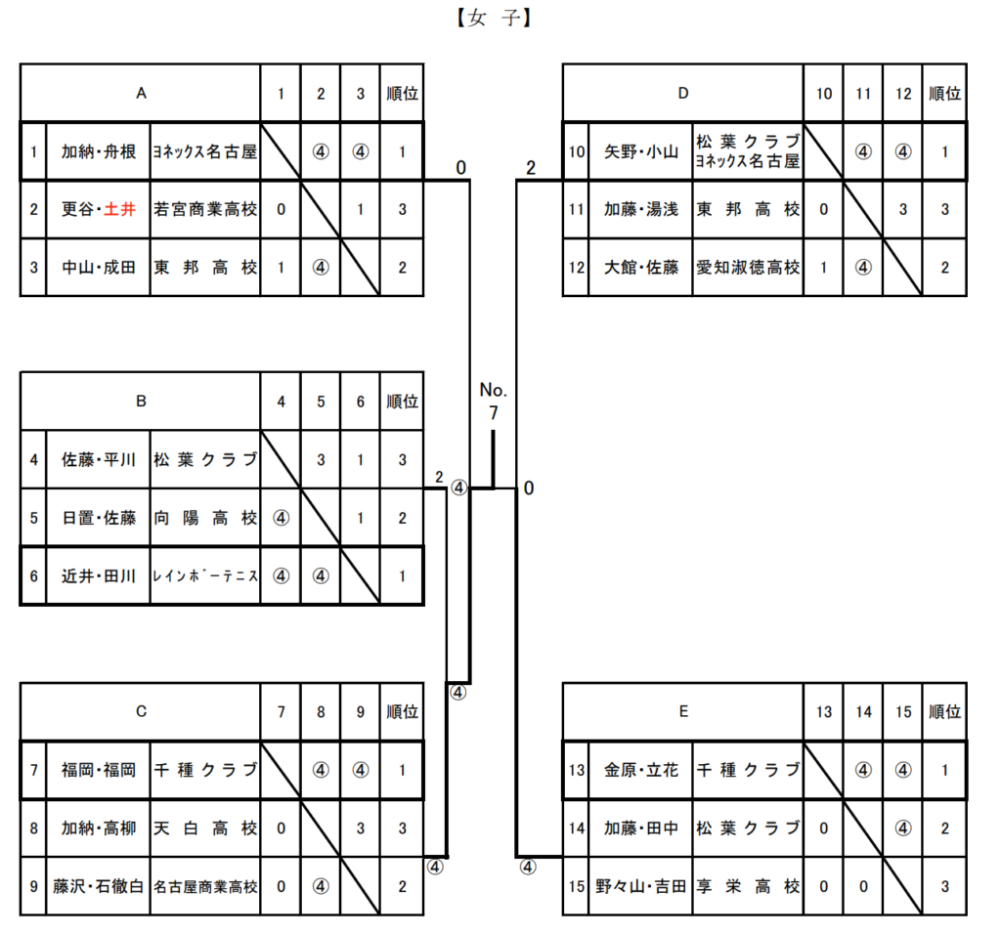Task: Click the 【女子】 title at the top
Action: pos(492,18)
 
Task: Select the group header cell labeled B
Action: pos(141,401)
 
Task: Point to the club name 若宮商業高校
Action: pos(205,209)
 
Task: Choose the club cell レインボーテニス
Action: pos(205,575)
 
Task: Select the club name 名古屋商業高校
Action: pos(205,886)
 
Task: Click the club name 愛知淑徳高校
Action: pos(748,267)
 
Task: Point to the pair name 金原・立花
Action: pos(640,770)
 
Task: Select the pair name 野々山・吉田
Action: pos(640,886)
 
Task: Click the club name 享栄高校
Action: pos(748,886)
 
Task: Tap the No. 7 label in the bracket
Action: pos(493,402)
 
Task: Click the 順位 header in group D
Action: pos(944,94)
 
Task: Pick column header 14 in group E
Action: pos(863,712)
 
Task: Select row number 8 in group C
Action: pos(34,828)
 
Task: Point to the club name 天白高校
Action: pos(205,828)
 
